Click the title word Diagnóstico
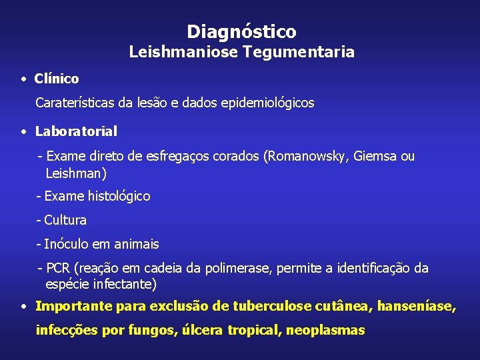click(x=241, y=31)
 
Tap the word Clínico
click(x=57, y=79)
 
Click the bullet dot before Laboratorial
click(x=23, y=131)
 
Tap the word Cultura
click(x=65, y=220)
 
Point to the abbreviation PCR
click(x=58, y=268)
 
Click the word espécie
click(x=67, y=284)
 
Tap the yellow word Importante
click(x=74, y=307)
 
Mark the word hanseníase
click(x=417, y=307)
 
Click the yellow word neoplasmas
click(x=325, y=330)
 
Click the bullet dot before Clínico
click(x=23, y=79)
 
